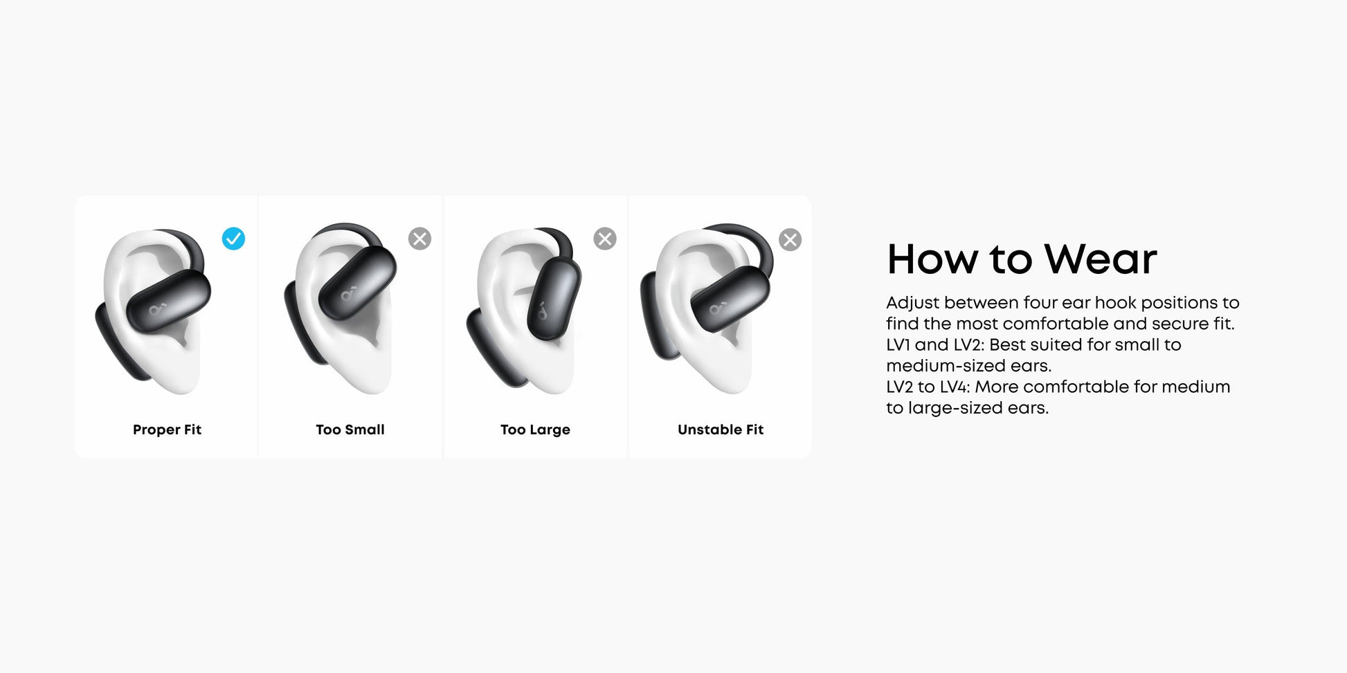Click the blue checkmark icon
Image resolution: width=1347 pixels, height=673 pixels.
233,239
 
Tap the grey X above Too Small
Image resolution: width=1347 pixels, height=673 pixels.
419,239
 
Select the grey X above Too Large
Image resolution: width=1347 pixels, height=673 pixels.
605,239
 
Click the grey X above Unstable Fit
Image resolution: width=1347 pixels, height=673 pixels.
790,239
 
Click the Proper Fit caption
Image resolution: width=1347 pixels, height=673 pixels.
167,430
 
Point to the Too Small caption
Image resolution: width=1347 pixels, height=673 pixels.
350,430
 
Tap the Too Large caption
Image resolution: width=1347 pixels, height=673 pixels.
535,430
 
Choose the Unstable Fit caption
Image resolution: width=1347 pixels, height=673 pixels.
721,430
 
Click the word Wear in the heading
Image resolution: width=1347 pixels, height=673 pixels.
1100,259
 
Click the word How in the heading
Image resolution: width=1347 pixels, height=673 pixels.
933,259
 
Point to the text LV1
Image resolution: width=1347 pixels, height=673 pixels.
898,344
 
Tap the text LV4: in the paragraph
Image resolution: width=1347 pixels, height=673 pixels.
955,387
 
